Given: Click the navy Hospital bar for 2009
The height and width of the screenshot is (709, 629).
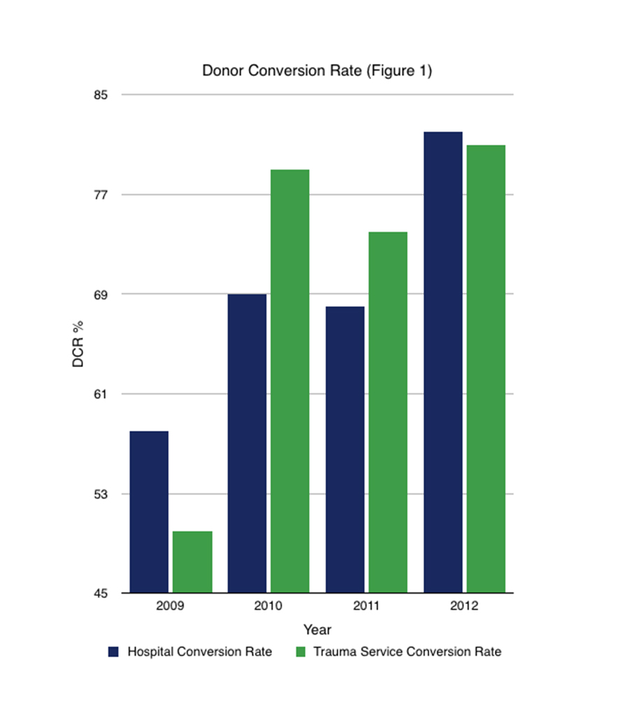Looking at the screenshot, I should [148, 512].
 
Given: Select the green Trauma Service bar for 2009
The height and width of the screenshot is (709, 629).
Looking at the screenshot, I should [192, 562].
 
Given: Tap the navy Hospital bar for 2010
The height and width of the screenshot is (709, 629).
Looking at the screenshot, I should [247, 443].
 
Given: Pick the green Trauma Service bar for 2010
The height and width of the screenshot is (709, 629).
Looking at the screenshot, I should [290, 381].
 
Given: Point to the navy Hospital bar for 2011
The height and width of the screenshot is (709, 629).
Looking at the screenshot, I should [345, 450].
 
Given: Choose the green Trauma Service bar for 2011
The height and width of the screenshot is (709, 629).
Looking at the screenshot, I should [388, 413].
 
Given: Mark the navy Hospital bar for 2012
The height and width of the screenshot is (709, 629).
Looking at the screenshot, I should [442, 362].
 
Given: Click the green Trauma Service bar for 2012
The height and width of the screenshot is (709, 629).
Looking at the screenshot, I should [486, 369].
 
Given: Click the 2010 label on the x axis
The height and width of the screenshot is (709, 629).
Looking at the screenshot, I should [268, 606].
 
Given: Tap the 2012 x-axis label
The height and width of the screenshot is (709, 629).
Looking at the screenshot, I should [464, 606].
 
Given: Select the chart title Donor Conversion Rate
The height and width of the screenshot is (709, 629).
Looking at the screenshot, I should [317, 71].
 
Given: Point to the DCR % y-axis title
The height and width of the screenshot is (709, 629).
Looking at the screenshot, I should [78, 344].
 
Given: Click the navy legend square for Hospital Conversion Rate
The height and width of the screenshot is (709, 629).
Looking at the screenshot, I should [113, 652].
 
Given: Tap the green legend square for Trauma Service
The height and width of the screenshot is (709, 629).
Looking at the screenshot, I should [301, 652].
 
